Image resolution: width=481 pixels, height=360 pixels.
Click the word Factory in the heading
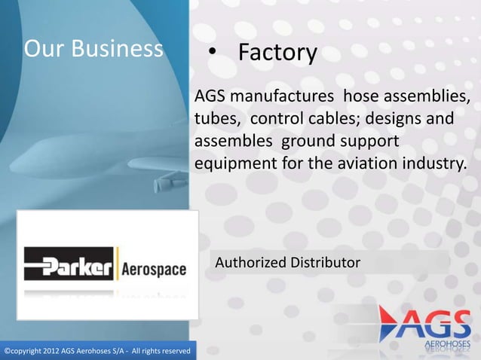click(x=277, y=53)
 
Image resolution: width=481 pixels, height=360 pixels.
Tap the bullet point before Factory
click(x=213, y=53)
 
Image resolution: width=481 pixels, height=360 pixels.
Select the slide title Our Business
click(x=93, y=49)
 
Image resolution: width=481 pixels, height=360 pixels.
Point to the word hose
click(x=361, y=99)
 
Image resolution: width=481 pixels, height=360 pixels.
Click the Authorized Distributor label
click(x=288, y=263)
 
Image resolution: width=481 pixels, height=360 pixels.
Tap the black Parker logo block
click(x=69, y=267)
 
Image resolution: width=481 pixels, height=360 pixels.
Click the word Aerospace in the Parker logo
click(x=154, y=269)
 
